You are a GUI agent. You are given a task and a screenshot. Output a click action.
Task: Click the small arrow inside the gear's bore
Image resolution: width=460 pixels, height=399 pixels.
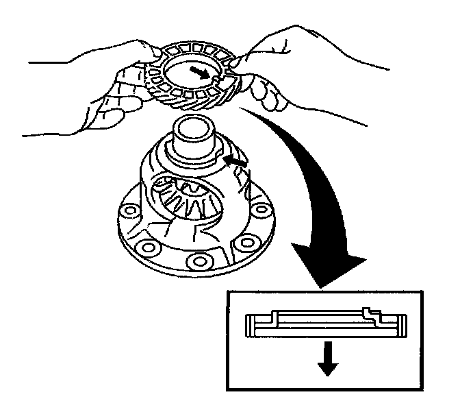[x=204, y=72]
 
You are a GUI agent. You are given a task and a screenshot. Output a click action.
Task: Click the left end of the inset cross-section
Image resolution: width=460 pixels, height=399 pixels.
[x=250, y=326]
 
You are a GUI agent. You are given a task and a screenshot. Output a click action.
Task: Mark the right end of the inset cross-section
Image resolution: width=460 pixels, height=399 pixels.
[x=405, y=326]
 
